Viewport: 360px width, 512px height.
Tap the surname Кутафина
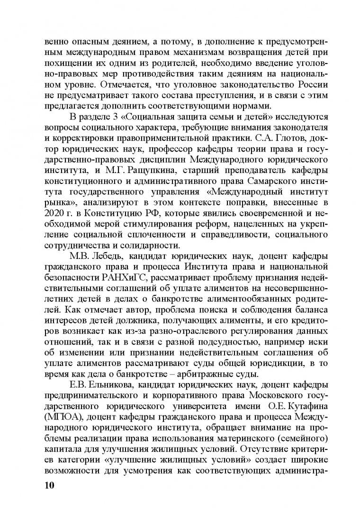(296, 408)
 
